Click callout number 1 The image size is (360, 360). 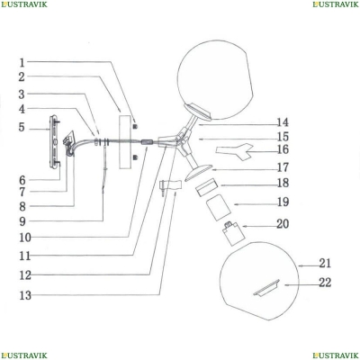point(22,63)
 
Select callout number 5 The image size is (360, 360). point(22,127)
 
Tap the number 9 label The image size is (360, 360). point(22,221)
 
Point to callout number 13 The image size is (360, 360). point(25,295)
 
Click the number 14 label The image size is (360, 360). point(283,122)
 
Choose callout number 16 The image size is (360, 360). point(283,149)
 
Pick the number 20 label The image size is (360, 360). point(283,224)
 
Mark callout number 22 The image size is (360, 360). point(325,283)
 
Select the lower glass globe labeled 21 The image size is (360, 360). point(259,281)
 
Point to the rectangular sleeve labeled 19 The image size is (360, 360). point(218,207)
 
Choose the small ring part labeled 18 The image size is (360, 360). point(207,187)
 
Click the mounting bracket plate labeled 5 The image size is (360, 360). point(55,141)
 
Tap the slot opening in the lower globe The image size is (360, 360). point(266,288)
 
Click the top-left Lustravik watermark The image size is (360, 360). point(24,4)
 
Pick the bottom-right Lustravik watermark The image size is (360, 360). point(336,355)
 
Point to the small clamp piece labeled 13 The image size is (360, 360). point(171,186)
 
